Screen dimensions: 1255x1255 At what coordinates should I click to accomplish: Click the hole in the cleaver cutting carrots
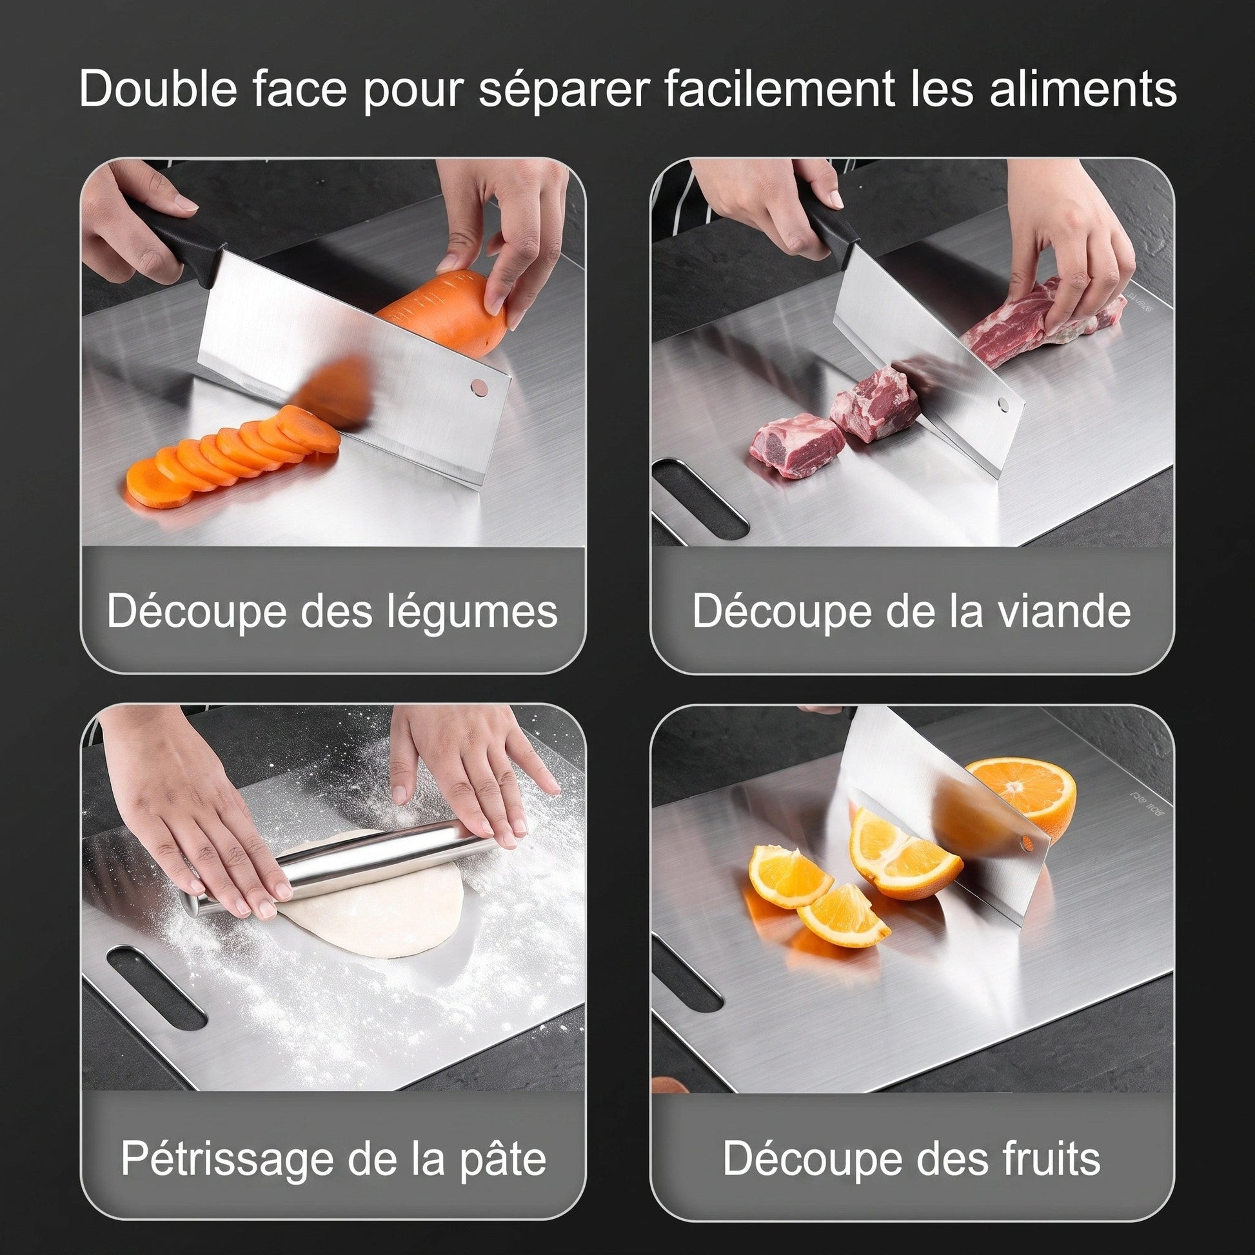pos(479,388)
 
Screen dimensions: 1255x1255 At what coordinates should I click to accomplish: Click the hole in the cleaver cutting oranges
pos(1026,844)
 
